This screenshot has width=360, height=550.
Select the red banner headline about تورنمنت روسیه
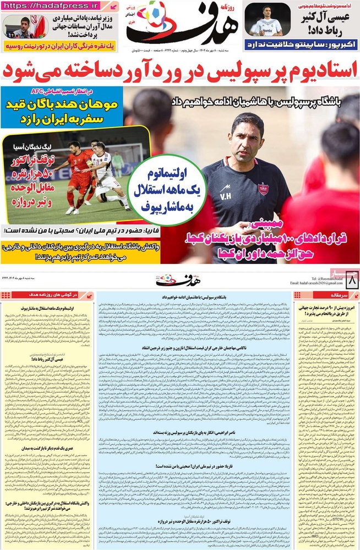click(60, 48)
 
